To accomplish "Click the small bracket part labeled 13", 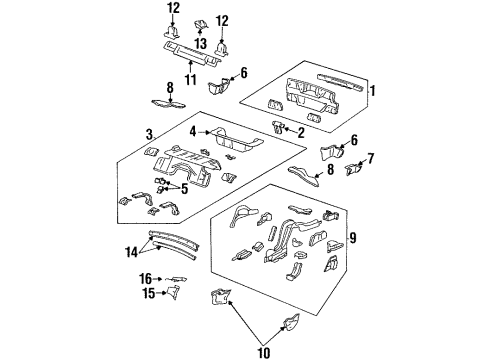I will [199, 24].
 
